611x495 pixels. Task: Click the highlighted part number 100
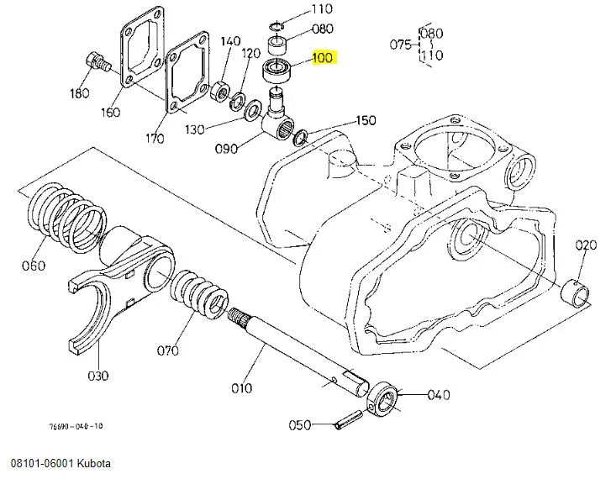tap(323, 58)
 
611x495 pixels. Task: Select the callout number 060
tap(33, 267)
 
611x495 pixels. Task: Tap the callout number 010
tap(242, 388)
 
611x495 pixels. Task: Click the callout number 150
tap(366, 120)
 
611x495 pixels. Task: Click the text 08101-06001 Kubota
tap(61, 464)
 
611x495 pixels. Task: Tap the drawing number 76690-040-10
tap(76, 426)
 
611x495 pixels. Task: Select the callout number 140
tap(230, 41)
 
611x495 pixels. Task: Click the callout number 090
tap(225, 149)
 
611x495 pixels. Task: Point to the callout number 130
tap(195, 129)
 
